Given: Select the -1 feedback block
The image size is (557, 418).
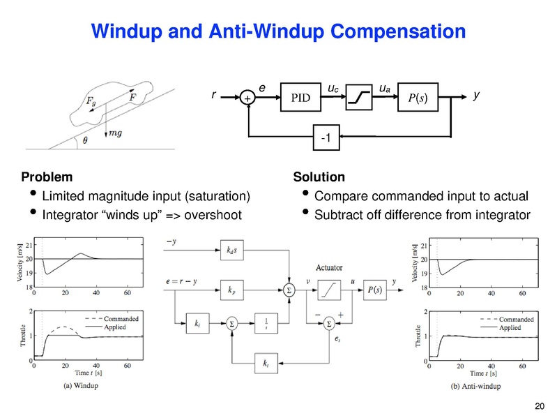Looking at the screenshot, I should point(325,140).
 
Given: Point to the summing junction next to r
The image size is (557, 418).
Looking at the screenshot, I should point(247,99).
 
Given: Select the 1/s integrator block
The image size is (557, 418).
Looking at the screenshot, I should point(267,324).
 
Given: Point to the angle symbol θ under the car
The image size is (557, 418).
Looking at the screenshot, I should point(85,140).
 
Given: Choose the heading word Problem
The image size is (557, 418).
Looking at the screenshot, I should point(47,178).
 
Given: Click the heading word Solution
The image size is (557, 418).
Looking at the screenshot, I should point(319,178).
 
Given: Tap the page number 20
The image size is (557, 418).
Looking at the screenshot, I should point(537,406).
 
